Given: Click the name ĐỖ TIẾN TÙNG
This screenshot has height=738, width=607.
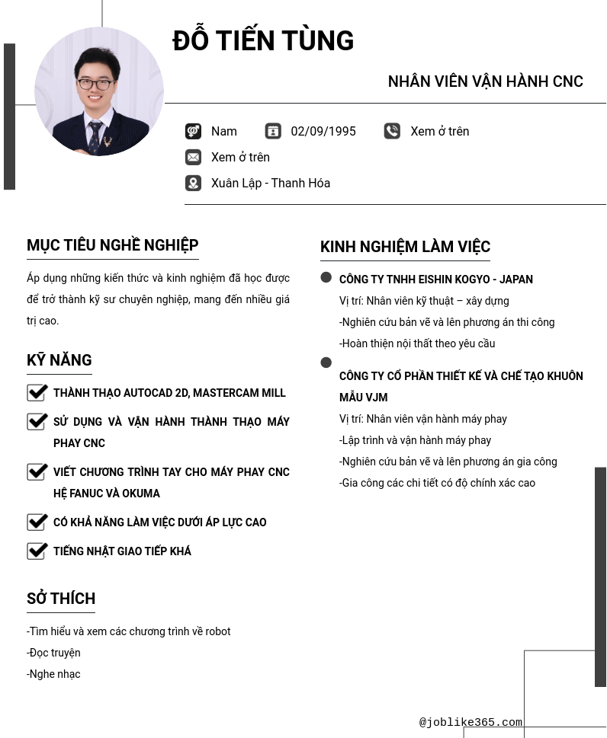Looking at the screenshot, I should point(263,41).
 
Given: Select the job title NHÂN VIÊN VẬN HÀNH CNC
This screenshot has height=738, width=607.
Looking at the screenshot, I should point(485,81).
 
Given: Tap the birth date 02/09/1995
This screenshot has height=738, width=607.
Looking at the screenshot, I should point(323,132).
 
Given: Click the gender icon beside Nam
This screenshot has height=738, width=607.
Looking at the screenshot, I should point(194,132).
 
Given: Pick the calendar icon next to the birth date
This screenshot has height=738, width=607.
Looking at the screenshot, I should point(273,132).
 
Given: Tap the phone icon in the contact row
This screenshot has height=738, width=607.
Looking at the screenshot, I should point(392,132).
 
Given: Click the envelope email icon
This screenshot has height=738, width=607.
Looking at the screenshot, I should point(194,158).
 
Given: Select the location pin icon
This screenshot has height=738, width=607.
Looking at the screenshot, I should point(194,184).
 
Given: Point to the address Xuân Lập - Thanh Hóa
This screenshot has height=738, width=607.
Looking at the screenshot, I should point(271,184).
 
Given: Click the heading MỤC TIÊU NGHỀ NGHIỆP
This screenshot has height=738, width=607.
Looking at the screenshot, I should point(113,245).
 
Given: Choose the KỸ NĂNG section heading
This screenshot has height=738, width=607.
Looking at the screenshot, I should point(59,360).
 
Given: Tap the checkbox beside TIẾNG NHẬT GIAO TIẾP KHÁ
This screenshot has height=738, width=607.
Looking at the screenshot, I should point(37,551).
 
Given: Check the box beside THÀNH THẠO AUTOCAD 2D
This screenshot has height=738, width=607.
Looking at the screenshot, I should point(37,392).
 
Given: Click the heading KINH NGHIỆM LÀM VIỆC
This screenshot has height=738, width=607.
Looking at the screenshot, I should point(405,247).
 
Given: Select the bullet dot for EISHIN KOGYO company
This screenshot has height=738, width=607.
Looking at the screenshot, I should point(326,278).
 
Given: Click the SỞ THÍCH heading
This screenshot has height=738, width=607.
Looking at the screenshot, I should point(61,599).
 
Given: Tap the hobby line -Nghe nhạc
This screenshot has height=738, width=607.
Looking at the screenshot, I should point(53,674).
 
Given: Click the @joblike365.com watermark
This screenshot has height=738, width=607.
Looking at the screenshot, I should point(471,723).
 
